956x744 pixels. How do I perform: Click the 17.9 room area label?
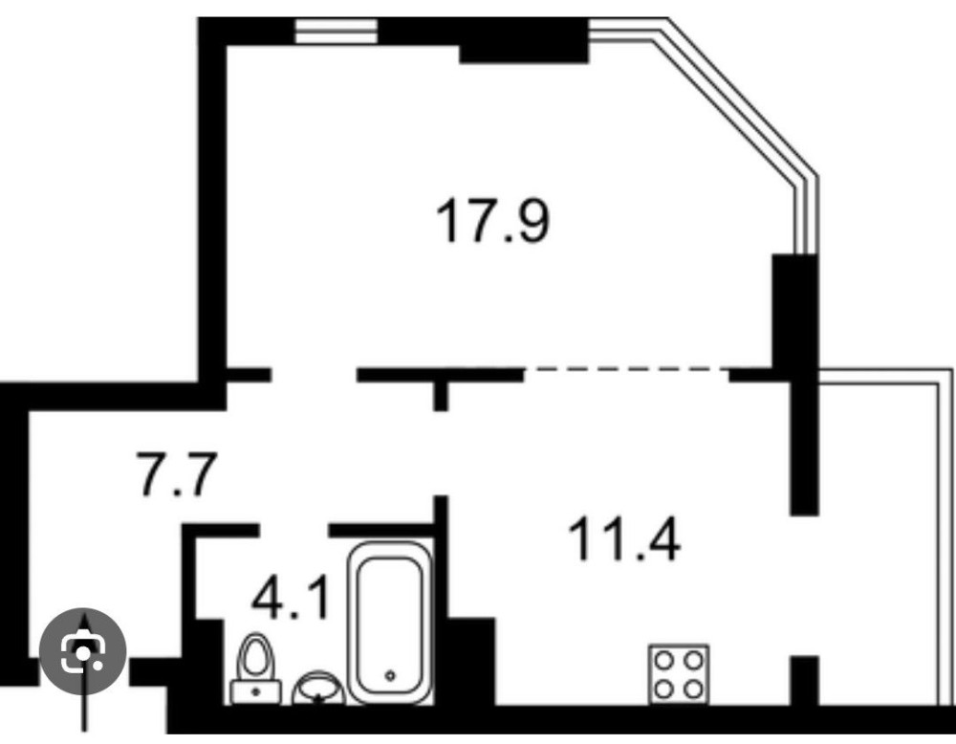(x=492, y=221)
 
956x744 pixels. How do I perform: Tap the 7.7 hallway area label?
(x=176, y=473)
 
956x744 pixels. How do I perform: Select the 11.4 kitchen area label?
(x=623, y=537)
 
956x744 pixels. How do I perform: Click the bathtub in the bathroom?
(x=390, y=622)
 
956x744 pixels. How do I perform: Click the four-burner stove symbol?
(x=679, y=674)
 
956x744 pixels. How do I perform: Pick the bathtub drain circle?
(x=390, y=675)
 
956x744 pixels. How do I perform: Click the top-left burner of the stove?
(x=664, y=660)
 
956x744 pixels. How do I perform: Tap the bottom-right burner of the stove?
(x=693, y=689)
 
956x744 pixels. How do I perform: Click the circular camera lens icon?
(x=83, y=651)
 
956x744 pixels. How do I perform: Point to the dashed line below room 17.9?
(x=627, y=369)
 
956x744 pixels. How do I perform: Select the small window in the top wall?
(x=336, y=31)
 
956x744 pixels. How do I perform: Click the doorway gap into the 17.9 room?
(x=314, y=375)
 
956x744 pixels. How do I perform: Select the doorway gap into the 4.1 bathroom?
(x=293, y=530)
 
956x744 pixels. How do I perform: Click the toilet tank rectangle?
(x=256, y=692)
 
